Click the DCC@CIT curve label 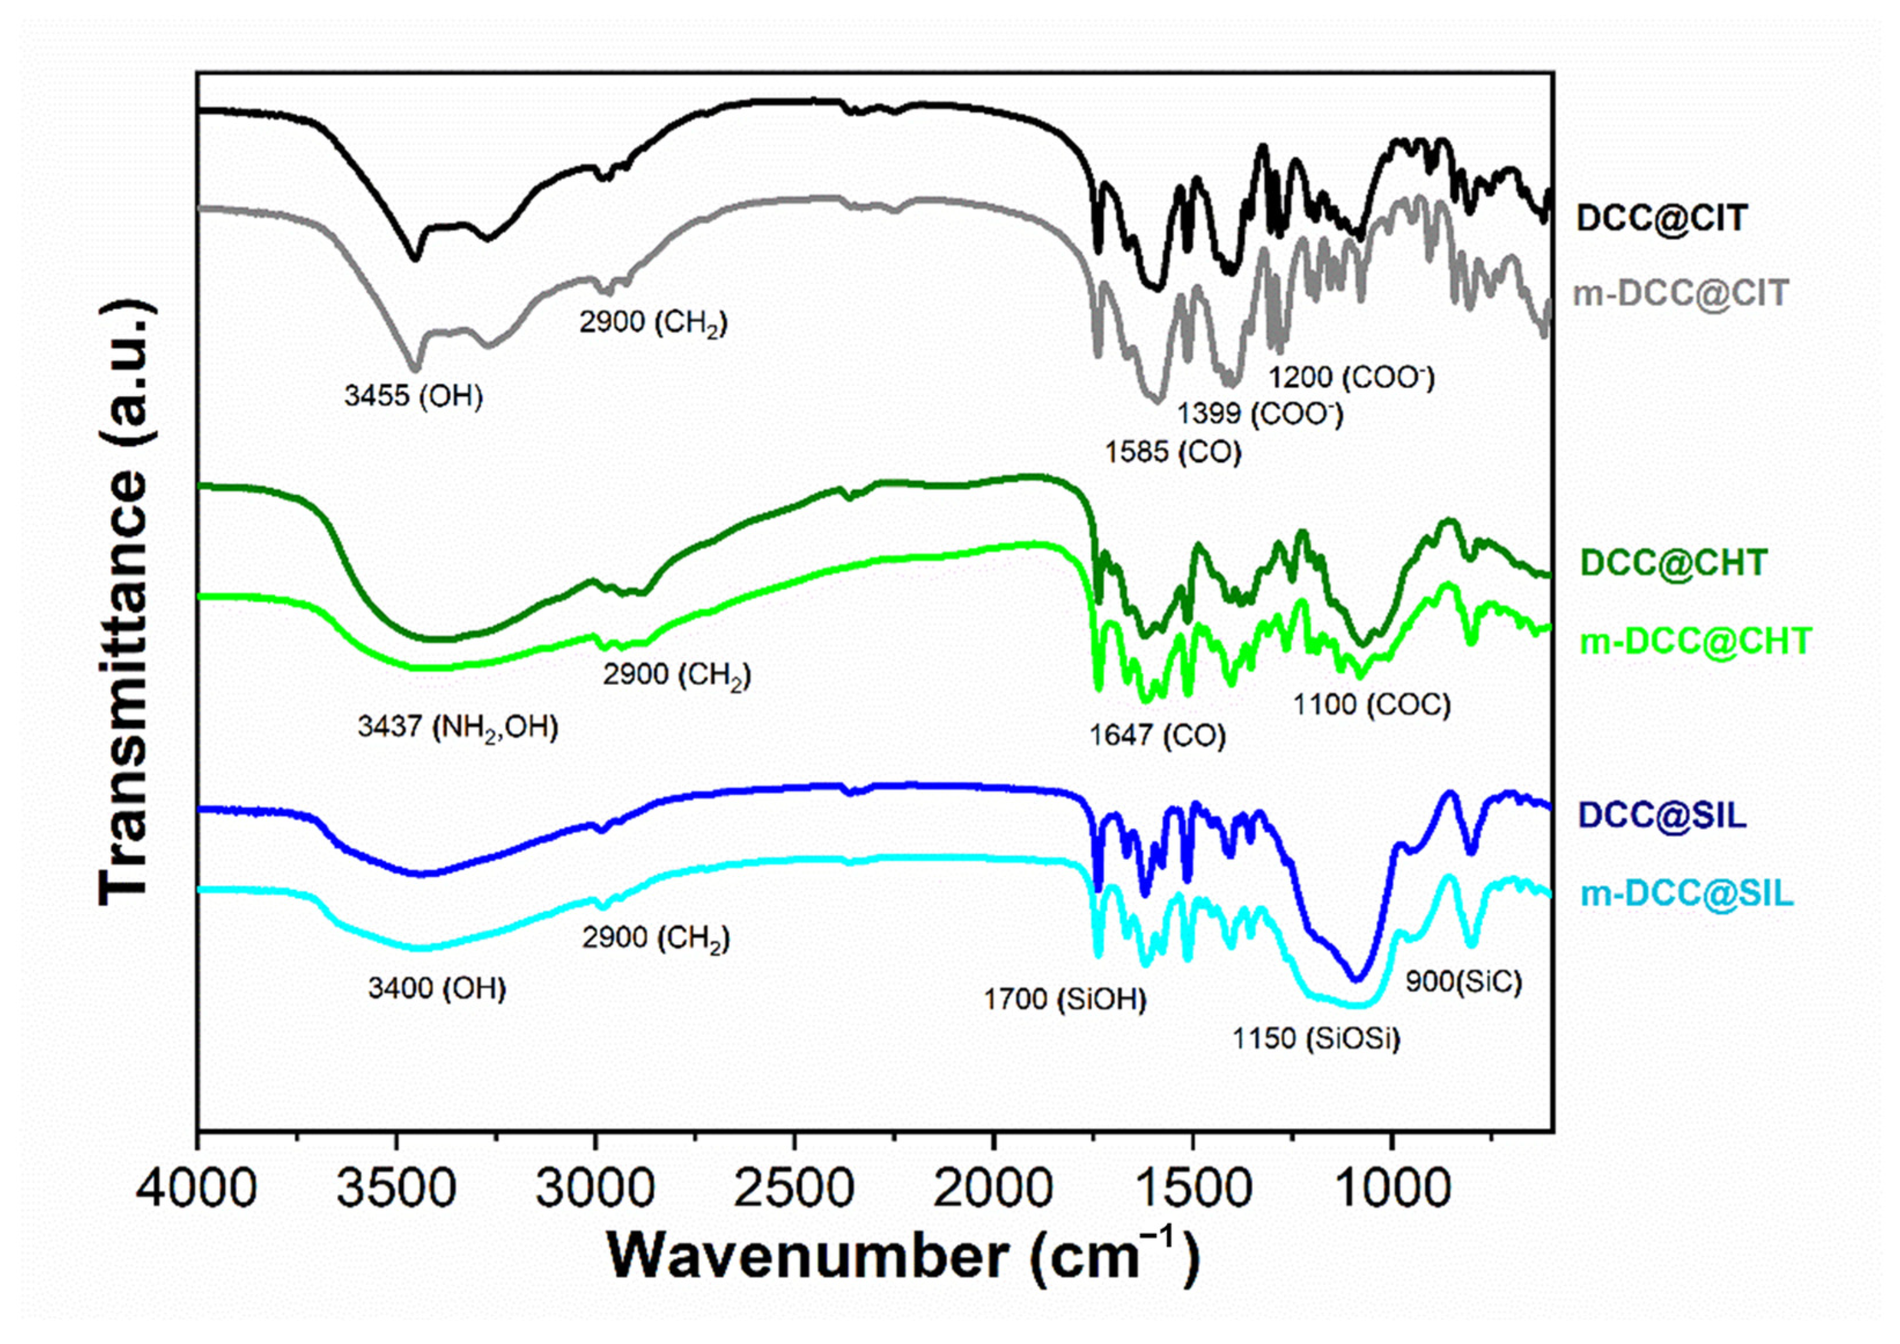tap(1662, 219)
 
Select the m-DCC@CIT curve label tap(1680, 293)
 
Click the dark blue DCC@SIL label tap(1662, 815)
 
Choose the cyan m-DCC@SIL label tap(1687, 894)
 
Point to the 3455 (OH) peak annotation tap(413, 396)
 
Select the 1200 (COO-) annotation tap(1351, 377)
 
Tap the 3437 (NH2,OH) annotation tap(458, 727)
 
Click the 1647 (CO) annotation tap(1157, 735)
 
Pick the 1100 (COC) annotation tap(1372, 704)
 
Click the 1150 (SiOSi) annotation tap(1316, 1038)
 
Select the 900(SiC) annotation tap(1463, 981)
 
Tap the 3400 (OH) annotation tap(437, 988)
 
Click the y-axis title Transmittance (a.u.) tap(124, 602)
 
